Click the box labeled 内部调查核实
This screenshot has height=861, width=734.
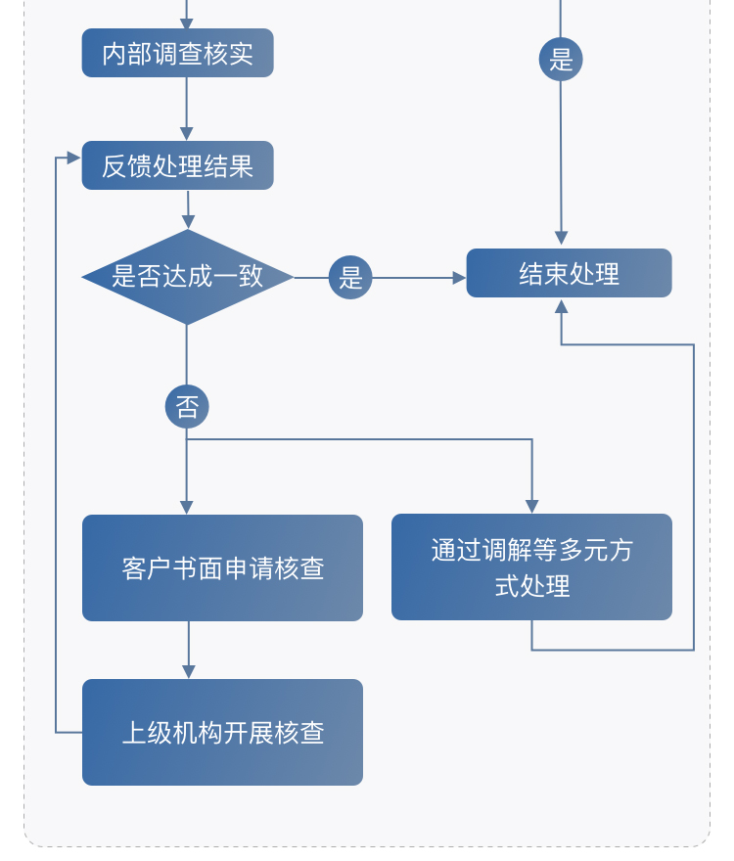click(177, 53)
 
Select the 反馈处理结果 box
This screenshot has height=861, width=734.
click(177, 165)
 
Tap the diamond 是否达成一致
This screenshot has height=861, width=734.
click(187, 277)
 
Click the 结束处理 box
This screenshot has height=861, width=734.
click(569, 273)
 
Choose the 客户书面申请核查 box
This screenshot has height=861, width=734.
click(222, 567)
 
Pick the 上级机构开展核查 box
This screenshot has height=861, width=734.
click(222, 732)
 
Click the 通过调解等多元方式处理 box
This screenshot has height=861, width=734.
click(531, 566)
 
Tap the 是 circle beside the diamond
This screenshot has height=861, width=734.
click(350, 278)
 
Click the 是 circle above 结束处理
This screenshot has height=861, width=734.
click(561, 60)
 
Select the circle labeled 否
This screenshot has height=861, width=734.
click(187, 406)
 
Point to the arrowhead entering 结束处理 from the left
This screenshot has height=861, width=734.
click(459, 278)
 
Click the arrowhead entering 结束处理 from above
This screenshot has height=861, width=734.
click(561, 239)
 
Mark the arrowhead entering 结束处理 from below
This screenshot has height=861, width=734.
click(561, 306)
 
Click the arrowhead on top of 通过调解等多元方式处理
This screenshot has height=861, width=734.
click(532, 506)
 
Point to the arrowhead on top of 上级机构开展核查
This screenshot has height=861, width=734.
click(189, 671)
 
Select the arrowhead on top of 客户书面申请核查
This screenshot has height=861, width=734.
click(187, 507)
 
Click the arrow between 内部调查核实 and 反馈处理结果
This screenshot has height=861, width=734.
click(187, 109)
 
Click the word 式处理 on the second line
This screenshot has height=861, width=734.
click(532, 586)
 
